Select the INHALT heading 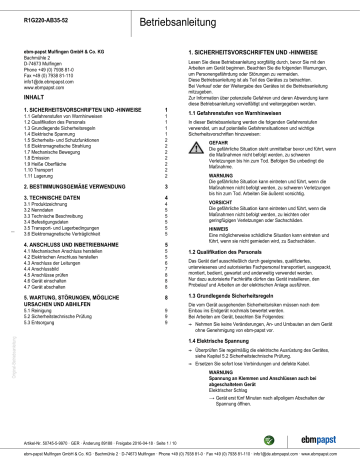tap(34, 71)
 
